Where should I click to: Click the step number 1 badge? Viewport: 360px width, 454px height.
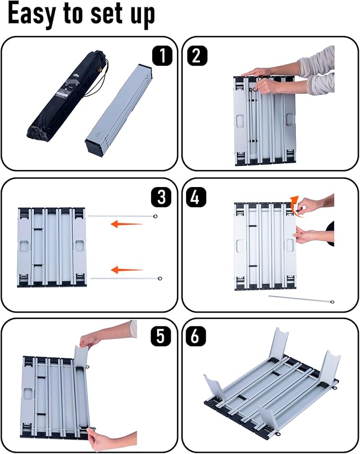[x=162, y=55]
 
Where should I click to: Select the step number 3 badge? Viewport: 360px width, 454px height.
[x=162, y=197]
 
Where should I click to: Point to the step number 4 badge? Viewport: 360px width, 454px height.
[x=196, y=197]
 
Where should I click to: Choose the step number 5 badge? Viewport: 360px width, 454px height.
[x=161, y=336]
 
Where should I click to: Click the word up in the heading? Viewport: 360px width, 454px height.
[x=142, y=16]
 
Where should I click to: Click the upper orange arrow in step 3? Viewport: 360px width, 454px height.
[x=127, y=224]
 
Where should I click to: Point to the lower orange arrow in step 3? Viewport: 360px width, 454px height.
[x=127, y=270]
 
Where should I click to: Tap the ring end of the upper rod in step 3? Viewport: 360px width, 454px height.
[x=155, y=216]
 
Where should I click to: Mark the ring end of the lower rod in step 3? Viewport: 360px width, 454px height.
[x=160, y=279]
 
